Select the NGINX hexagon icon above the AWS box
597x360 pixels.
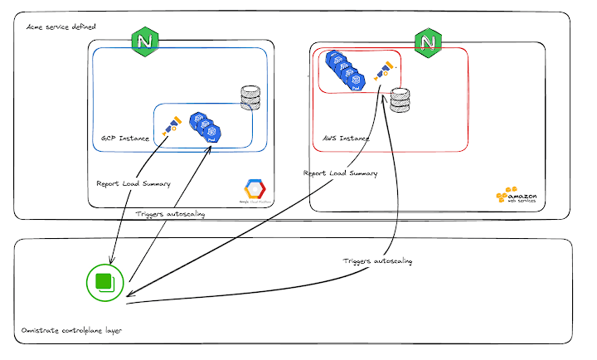point(428,41)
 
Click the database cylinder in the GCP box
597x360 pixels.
point(250,99)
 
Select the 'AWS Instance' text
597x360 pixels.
point(346,138)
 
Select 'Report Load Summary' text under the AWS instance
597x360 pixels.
point(340,173)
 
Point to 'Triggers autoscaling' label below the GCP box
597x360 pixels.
point(170,213)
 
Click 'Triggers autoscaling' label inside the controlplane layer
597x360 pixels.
point(377,260)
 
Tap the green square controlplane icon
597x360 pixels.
point(105,282)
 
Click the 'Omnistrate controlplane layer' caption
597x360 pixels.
point(72,331)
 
